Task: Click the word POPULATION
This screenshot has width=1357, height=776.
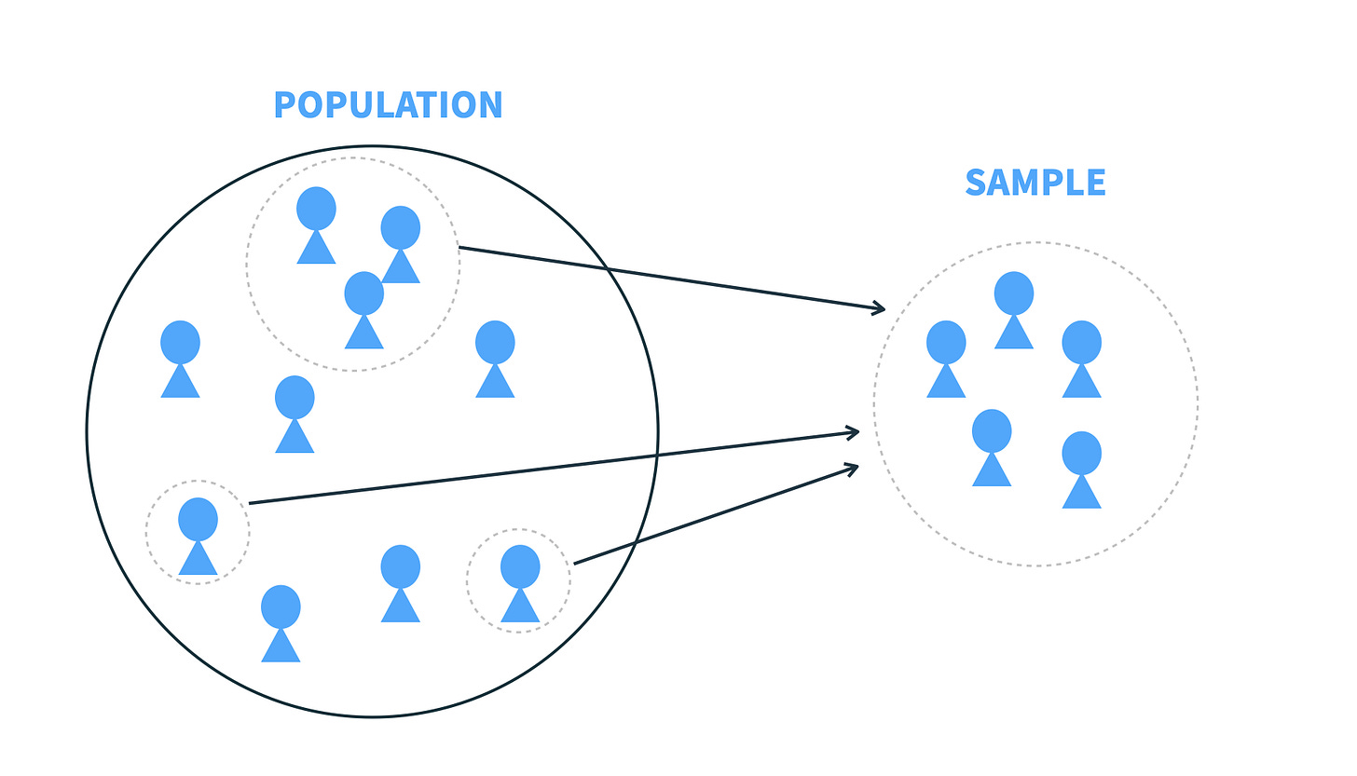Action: [x=388, y=105]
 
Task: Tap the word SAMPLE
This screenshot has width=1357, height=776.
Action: [x=1035, y=183]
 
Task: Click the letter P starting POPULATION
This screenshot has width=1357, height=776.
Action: [x=284, y=105]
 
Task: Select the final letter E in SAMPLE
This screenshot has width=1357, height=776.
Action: [x=1095, y=183]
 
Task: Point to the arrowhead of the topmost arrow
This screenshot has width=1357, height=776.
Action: [x=880, y=307]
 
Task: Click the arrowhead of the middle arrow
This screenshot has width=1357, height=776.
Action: [x=854, y=431]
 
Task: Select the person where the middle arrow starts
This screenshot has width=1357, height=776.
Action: [x=198, y=535]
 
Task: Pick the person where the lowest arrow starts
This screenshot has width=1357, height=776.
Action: [x=520, y=583]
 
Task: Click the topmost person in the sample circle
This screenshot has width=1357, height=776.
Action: [x=1014, y=309]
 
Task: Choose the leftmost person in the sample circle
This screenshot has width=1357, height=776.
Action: [x=946, y=359]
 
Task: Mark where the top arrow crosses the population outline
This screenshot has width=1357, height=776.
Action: [x=607, y=268]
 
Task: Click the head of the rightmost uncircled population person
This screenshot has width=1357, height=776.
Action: [x=495, y=342]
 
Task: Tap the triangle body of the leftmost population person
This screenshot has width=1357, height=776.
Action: [x=180, y=383]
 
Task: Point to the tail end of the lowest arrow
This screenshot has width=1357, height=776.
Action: [x=574, y=564]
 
